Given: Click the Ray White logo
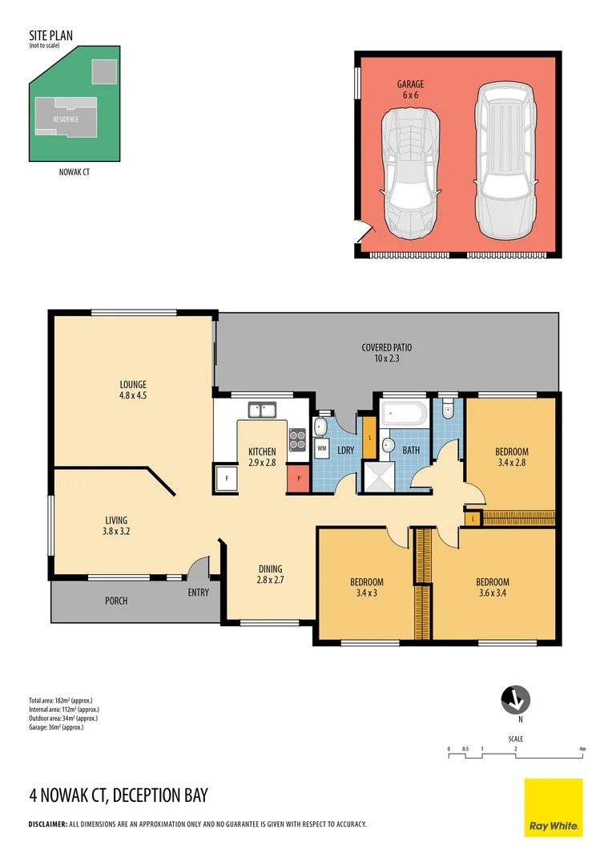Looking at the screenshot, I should pyautogui.click(x=554, y=807).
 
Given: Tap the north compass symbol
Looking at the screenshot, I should pyautogui.click(x=513, y=701).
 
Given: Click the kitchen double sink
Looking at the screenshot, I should pyautogui.click(x=261, y=411).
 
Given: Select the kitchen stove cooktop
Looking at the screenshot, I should pyautogui.click(x=297, y=439).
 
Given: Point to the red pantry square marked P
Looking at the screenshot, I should pyautogui.click(x=297, y=479).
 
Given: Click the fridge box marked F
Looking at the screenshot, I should pyautogui.click(x=227, y=479).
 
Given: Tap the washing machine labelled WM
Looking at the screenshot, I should pyautogui.click(x=322, y=447).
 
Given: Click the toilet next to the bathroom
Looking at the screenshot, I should pyautogui.click(x=447, y=410).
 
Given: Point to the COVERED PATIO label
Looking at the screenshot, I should pyautogui.click(x=386, y=347).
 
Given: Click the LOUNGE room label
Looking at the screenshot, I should pyautogui.click(x=132, y=383).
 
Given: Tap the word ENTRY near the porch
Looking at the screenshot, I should pyautogui.click(x=198, y=593).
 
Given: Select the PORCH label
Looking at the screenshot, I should pyautogui.click(x=116, y=601).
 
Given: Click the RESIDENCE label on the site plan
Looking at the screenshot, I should pyautogui.click(x=66, y=119).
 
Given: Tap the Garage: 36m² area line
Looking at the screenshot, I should pyautogui.click(x=56, y=727).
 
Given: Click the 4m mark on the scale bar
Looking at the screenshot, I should pyautogui.click(x=582, y=749).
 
